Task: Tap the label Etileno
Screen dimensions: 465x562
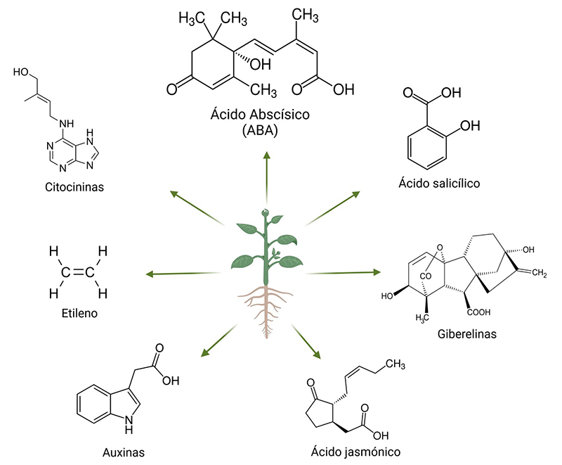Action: coord(78,312)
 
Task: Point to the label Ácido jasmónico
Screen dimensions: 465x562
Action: coord(360,450)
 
